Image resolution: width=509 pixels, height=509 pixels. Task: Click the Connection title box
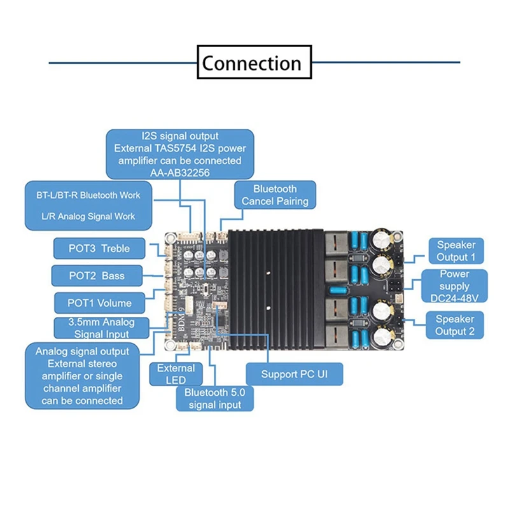pyautogui.click(x=254, y=63)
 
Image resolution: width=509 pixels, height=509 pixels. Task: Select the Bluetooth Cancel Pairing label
pyautogui.click(x=275, y=195)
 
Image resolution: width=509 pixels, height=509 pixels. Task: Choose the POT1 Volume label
pyautogui.click(x=100, y=303)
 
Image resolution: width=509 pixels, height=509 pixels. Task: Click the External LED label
pyautogui.click(x=176, y=374)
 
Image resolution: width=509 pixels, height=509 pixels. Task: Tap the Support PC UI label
pyautogui.click(x=293, y=373)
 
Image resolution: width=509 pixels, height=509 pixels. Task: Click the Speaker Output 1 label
pyautogui.click(x=456, y=251)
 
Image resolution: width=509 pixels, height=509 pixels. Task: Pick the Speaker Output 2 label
pyautogui.click(x=454, y=324)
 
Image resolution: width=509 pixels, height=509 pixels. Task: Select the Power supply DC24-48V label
pyautogui.click(x=454, y=287)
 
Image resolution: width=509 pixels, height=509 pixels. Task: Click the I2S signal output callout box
pyautogui.click(x=179, y=154)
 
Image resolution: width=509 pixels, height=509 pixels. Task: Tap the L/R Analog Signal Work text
pyautogui.click(x=88, y=216)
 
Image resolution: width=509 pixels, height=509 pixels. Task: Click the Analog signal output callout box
pyautogui.click(x=82, y=376)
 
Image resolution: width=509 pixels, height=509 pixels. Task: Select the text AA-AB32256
pyautogui.click(x=179, y=171)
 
